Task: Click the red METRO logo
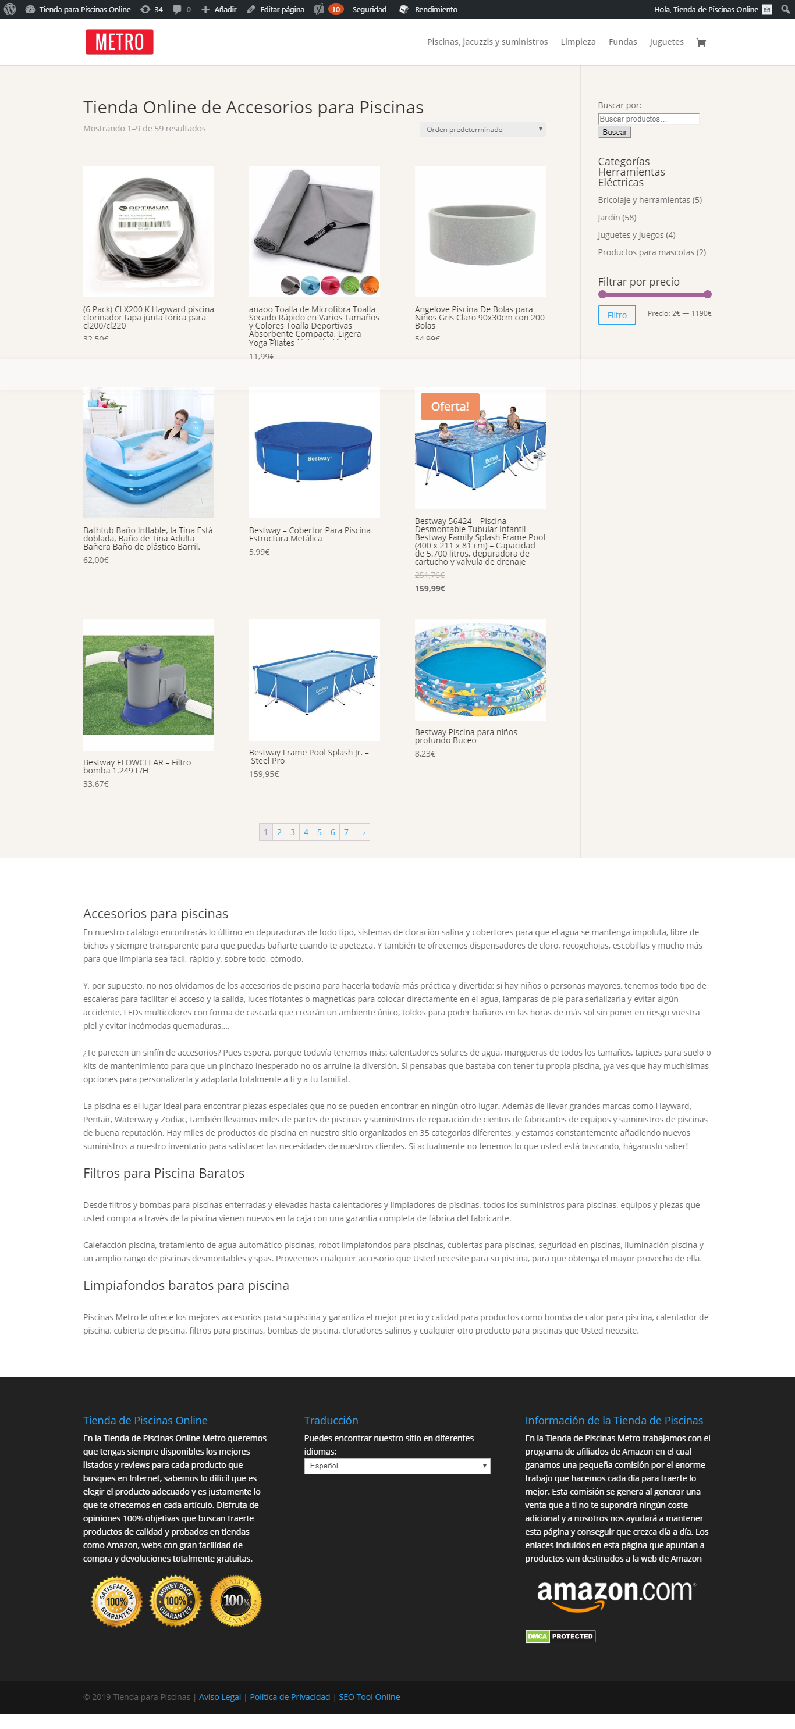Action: tap(119, 42)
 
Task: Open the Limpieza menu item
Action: tap(577, 42)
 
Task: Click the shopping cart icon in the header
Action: tap(701, 42)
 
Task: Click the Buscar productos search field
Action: tap(648, 119)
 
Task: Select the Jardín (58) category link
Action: tap(616, 218)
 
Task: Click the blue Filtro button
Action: tap(616, 315)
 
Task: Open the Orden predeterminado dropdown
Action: tap(482, 130)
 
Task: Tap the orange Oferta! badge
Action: tap(449, 406)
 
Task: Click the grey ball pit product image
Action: tap(480, 231)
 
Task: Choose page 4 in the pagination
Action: tap(306, 832)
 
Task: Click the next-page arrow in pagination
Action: tap(361, 832)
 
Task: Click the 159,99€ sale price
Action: tap(430, 589)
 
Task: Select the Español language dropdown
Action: tap(397, 1466)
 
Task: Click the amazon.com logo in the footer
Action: tap(616, 1593)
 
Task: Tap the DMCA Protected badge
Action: tap(560, 1637)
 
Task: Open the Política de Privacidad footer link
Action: tap(289, 1697)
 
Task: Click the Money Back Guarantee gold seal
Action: tap(176, 1602)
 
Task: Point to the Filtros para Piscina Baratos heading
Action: tap(164, 1173)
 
